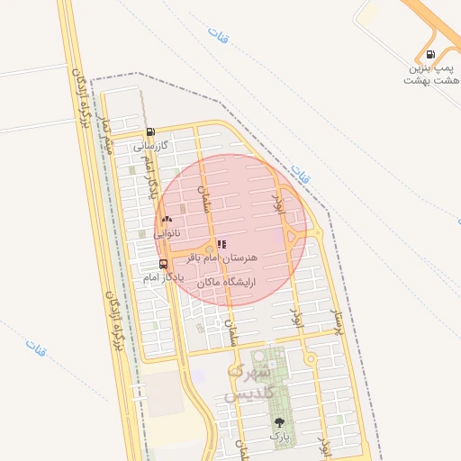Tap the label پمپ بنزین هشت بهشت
(435, 75)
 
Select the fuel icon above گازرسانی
(150, 131)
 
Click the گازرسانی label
(151, 145)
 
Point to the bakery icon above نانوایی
(167, 219)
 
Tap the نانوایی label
(167, 232)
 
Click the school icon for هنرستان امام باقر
(221, 243)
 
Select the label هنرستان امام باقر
(221, 258)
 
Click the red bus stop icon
(163, 264)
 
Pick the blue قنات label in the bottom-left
(37, 345)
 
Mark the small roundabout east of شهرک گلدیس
(311, 359)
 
